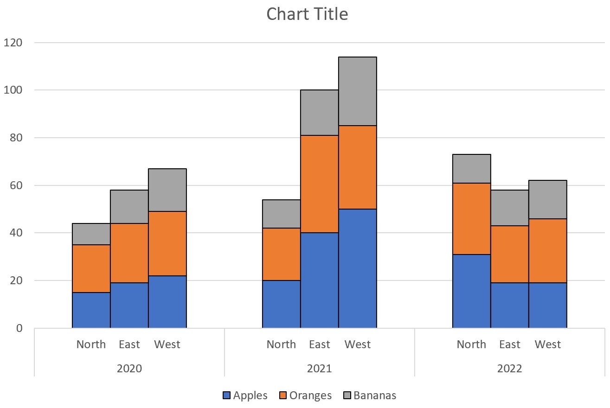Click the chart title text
(307, 14)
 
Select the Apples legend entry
(245, 395)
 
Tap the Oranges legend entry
(305, 395)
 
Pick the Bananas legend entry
(369, 395)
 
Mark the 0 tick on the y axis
(19, 328)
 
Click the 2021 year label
(319, 369)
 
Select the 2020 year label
(129, 369)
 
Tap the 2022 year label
(509, 369)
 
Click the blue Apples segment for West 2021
(357, 268)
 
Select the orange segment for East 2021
(319, 184)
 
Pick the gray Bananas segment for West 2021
(357, 91)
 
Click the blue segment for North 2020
(91, 310)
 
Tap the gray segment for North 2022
(471, 169)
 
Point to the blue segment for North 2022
(471, 291)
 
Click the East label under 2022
(509, 344)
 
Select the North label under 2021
(281, 344)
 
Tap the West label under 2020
(167, 344)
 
